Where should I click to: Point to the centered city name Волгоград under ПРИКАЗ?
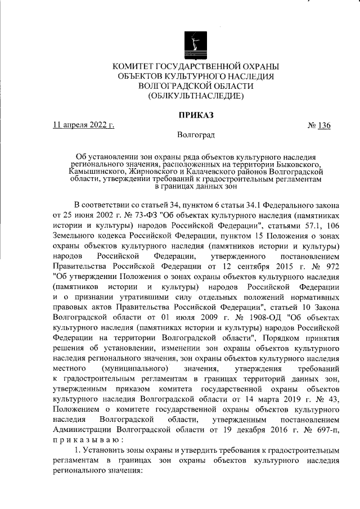pos(195,135)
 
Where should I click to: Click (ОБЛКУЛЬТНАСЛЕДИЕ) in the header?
pos(195,96)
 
